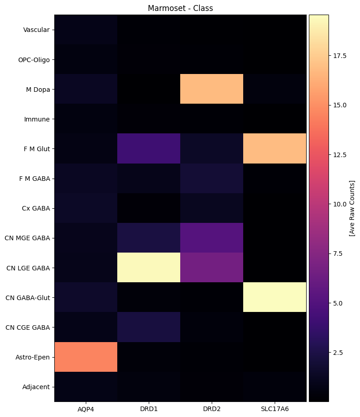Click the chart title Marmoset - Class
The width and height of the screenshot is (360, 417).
coord(180,8)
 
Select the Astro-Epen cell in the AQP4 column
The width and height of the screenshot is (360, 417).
coord(86,357)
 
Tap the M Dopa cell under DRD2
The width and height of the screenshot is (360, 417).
coord(212,89)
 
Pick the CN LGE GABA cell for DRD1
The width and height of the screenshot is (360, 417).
coord(149,268)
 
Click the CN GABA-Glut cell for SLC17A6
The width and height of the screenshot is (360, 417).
coord(275,297)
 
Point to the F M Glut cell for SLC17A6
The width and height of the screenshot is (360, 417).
coord(275,148)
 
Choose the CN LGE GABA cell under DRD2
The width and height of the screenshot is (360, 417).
coord(212,268)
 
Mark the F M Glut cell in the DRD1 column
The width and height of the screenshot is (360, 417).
coord(149,148)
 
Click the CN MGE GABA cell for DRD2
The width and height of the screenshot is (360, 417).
coord(212,238)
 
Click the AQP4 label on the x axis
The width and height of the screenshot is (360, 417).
coord(86,409)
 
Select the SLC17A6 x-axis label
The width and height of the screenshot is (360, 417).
coord(275,409)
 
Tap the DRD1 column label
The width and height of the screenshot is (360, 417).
coord(149,409)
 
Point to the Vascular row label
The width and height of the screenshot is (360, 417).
coord(37,30)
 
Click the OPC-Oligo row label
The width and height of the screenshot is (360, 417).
coord(33,60)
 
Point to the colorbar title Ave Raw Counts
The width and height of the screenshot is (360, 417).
coord(352,208)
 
